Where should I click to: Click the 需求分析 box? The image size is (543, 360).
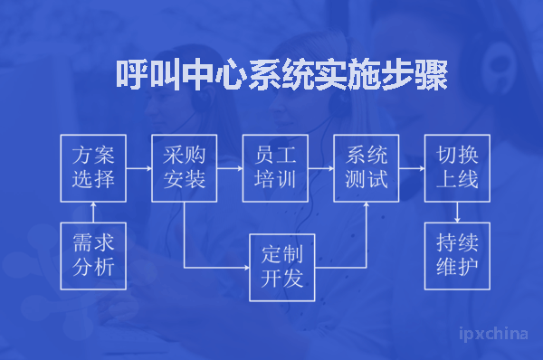point(93,255)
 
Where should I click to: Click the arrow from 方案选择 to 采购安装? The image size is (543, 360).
point(138,167)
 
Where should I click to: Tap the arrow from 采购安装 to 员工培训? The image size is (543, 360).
point(230,167)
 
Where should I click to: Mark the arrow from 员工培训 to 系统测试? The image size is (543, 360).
point(320,167)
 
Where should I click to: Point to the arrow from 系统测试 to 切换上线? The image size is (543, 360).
point(412,167)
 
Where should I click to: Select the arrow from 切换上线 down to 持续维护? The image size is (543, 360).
point(457,211)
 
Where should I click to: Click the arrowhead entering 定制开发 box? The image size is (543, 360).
point(245,268)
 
